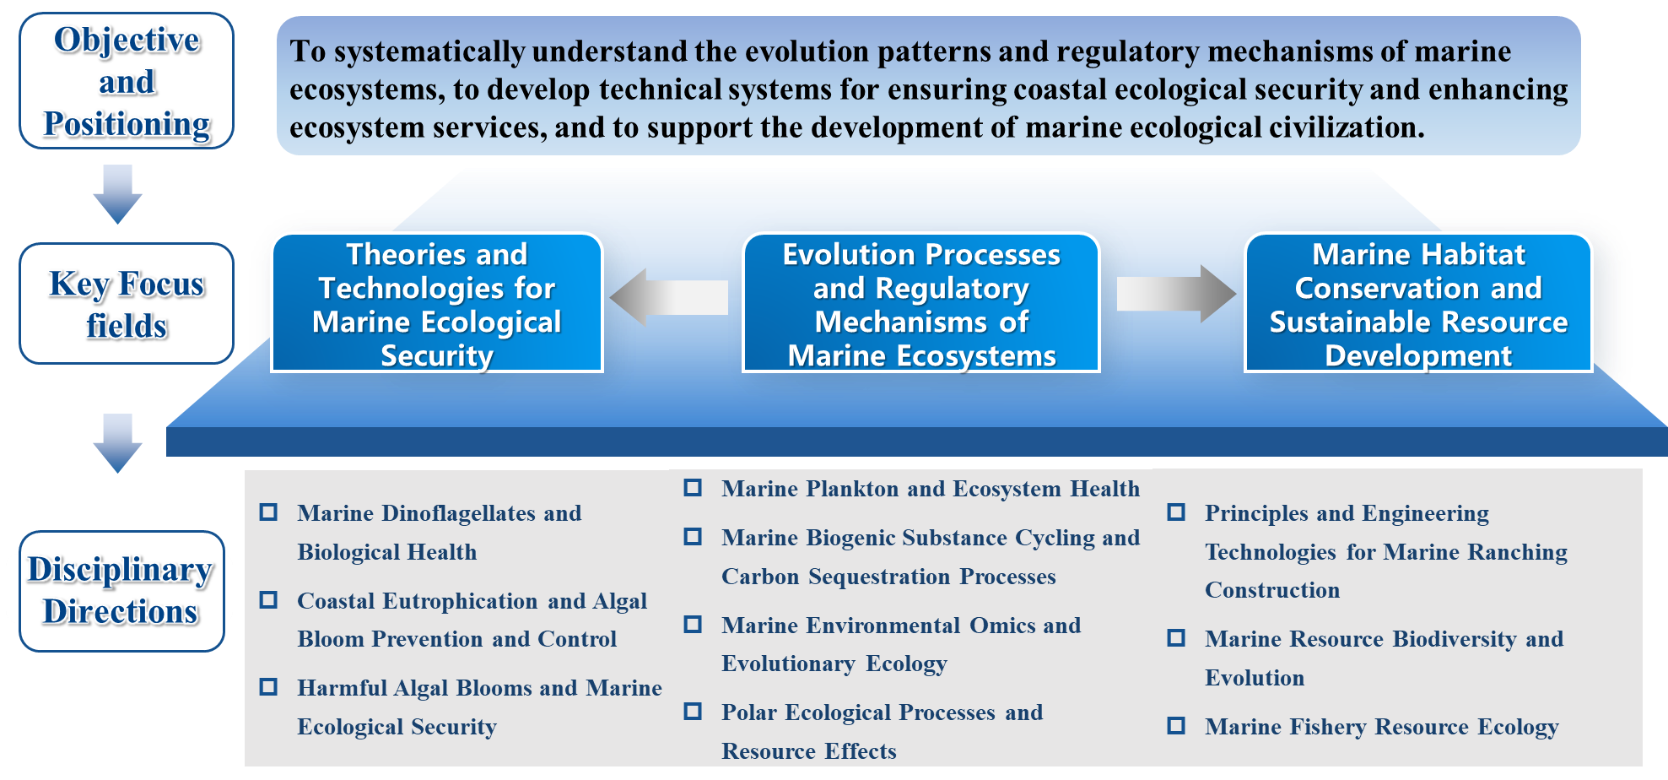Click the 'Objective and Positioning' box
[x=127, y=81]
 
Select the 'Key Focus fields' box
[x=127, y=304]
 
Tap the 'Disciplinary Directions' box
[x=121, y=591]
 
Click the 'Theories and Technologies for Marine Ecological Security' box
[x=436, y=303]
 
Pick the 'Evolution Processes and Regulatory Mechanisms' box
[x=920, y=303]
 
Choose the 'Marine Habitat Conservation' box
[x=1417, y=303]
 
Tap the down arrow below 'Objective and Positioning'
[x=117, y=193]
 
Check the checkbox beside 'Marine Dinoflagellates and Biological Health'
[x=268, y=512]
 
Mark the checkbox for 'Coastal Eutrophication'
[x=268, y=600]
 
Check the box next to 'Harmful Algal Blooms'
[x=268, y=687]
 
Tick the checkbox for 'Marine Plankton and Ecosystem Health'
[x=693, y=488]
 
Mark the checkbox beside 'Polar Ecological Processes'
[x=693, y=712]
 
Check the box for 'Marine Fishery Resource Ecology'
[x=1176, y=726]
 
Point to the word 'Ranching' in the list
[x=1517, y=552]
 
